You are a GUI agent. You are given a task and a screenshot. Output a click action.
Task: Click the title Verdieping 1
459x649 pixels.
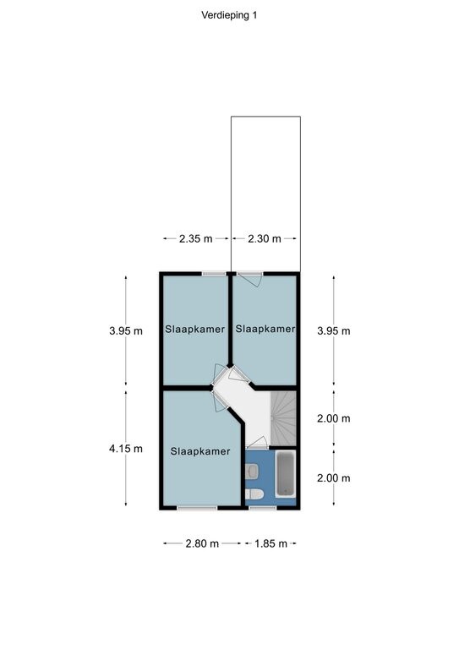[229, 15]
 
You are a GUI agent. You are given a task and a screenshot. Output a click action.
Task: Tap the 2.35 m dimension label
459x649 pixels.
[196, 239]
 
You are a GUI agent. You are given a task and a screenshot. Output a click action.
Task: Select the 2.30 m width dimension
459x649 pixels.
[265, 239]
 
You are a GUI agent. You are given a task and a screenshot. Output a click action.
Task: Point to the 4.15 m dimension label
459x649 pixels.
[126, 449]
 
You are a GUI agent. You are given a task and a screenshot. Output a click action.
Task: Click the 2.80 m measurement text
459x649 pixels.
[202, 543]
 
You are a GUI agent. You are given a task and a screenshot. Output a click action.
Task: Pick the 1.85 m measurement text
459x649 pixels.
[270, 543]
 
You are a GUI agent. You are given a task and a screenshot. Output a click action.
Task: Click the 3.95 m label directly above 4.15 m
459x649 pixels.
[126, 331]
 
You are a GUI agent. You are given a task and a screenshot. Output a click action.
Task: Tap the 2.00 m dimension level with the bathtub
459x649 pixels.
[334, 478]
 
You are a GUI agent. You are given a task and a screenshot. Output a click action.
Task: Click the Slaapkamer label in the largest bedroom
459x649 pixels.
[200, 451]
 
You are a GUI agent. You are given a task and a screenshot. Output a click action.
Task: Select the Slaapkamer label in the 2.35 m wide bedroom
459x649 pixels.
[195, 330]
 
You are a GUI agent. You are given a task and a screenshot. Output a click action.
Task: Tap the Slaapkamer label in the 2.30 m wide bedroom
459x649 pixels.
[265, 329]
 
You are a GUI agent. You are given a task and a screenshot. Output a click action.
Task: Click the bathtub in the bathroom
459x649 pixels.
[286, 474]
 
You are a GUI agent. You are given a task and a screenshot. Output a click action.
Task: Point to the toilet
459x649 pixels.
[254, 494]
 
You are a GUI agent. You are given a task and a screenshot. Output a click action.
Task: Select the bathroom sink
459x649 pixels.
[252, 471]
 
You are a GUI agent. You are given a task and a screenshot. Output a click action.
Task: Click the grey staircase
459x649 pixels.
[283, 418]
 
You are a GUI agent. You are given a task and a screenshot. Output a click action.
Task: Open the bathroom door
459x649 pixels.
[257, 444]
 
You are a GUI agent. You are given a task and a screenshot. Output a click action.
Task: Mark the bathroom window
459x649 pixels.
[263, 507]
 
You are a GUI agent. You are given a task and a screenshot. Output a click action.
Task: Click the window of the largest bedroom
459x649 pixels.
[197, 507]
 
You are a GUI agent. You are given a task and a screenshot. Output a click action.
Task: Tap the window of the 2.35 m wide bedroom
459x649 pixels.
[214, 274]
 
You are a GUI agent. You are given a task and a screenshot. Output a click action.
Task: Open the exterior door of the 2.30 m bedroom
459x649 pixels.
[249, 279]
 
